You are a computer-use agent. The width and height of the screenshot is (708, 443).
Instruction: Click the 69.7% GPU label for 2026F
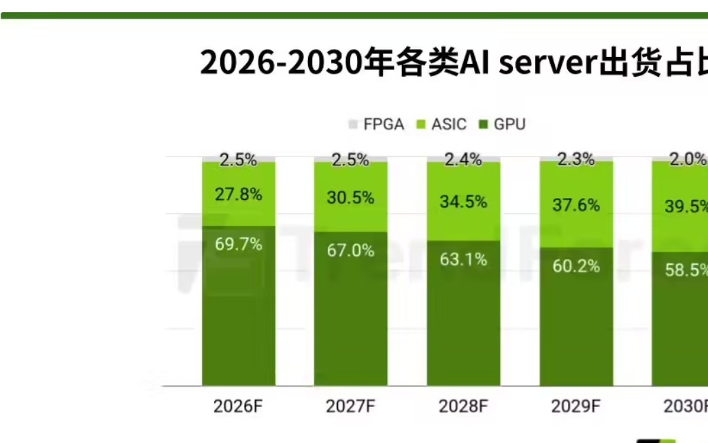click(x=238, y=244)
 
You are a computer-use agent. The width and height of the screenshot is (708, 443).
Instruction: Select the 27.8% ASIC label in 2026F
click(x=238, y=194)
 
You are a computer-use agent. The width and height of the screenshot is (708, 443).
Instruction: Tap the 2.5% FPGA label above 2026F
click(x=238, y=161)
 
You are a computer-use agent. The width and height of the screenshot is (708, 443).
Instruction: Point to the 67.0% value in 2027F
click(x=350, y=250)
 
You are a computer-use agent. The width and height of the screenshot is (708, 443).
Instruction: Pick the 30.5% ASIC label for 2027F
click(x=350, y=197)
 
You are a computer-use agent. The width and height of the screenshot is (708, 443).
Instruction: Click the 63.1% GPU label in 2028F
click(x=463, y=259)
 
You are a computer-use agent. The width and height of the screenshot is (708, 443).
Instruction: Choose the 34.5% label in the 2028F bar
click(x=463, y=202)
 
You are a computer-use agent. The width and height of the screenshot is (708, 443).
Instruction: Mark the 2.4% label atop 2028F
click(x=463, y=160)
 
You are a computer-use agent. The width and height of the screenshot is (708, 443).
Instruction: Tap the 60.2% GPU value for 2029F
click(x=576, y=266)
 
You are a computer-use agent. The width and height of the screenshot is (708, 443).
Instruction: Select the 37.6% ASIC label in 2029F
click(x=576, y=205)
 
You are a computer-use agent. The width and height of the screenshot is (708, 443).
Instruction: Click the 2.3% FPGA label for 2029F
click(x=576, y=160)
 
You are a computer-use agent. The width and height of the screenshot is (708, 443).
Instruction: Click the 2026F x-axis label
click(x=238, y=406)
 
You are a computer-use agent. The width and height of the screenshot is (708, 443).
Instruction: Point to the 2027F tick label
click(x=350, y=406)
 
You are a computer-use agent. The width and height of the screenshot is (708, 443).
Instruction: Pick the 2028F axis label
click(x=463, y=406)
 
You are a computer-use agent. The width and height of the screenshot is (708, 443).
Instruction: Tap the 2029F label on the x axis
click(x=576, y=406)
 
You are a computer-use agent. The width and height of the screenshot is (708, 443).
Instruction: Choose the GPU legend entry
click(x=503, y=125)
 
